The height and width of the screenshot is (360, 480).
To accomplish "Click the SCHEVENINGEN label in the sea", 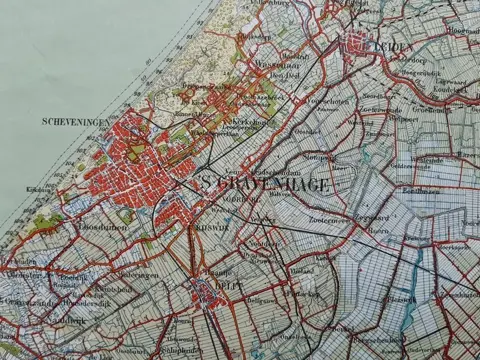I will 76,122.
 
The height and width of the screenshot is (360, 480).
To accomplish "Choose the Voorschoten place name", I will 327,100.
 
